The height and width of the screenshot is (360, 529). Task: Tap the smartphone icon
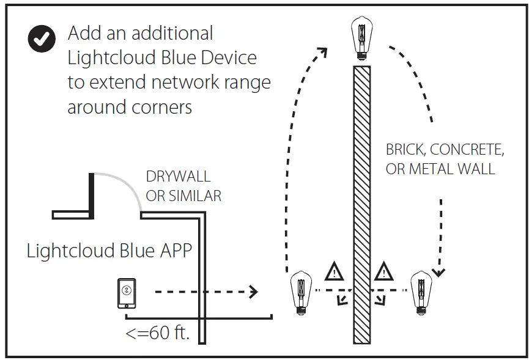[x=127, y=293]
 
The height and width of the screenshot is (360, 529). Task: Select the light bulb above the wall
[x=361, y=38]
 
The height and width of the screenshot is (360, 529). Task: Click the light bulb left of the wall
[x=299, y=292]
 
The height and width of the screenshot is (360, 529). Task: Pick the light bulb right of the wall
[x=421, y=292]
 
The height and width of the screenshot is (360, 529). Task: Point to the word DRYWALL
[x=178, y=177]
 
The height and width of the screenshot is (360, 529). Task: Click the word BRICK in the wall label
[x=407, y=150]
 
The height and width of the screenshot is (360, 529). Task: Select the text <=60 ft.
[x=157, y=334]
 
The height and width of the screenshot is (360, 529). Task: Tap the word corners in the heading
[x=162, y=107]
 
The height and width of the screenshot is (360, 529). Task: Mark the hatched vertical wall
[x=362, y=202]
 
